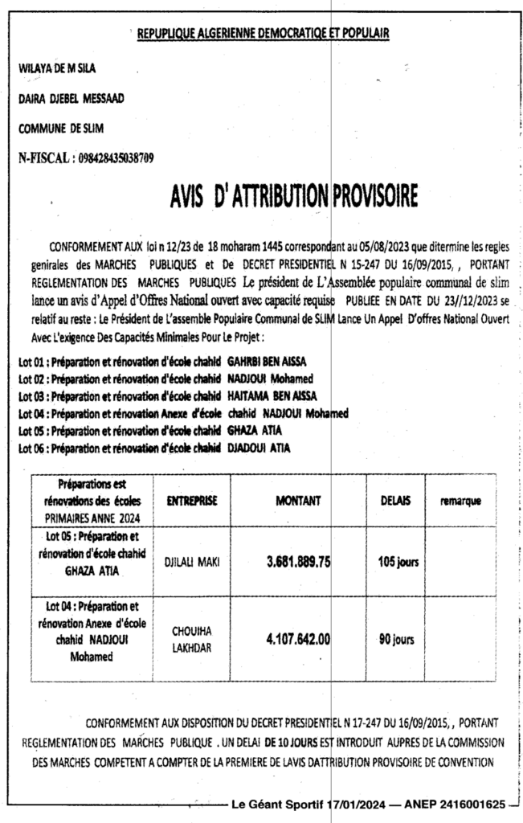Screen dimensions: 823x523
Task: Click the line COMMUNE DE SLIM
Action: coord(61,128)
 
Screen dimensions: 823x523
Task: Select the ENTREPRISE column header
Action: coord(191,501)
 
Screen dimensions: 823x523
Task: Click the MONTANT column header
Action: coord(298,501)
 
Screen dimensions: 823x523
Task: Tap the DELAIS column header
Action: coord(395,501)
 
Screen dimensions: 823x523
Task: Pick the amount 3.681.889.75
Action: coord(298,563)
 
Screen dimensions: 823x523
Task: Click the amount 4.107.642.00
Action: coord(298,640)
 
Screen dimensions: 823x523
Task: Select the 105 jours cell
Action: coord(398,563)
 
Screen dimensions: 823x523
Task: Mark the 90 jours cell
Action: coord(396,641)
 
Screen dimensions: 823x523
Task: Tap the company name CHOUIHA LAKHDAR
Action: coord(191,641)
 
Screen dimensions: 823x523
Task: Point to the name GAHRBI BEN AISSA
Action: coord(268,362)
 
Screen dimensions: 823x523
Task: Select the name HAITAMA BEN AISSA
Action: coord(272,395)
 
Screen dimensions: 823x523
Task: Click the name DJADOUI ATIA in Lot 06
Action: coord(259,447)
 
